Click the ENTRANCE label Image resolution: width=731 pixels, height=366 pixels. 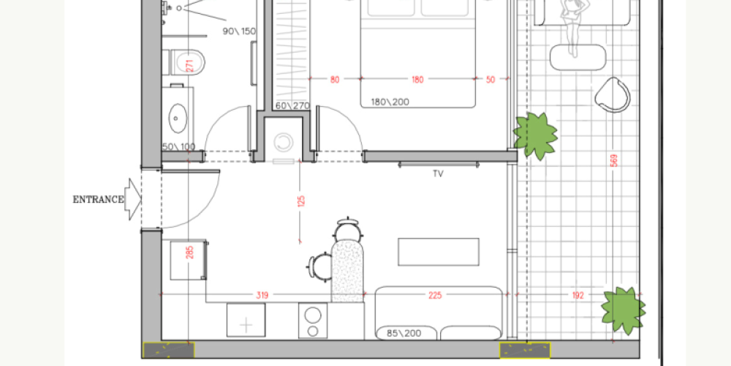pyautogui.click(x=99, y=200)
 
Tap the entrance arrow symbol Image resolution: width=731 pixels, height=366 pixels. pyautogui.click(x=133, y=199)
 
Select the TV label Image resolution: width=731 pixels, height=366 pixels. pyautogui.click(x=438, y=174)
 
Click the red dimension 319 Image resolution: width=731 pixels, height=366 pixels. pyautogui.click(x=262, y=295)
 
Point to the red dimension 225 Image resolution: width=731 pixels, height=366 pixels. pyautogui.click(x=436, y=295)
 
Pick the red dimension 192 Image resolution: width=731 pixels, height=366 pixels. pyautogui.click(x=577, y=295)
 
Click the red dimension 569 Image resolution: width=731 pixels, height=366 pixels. pyautogui.click(x=614, y=160)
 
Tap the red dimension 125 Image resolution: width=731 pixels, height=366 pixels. pyautogui.click(x=300, y=201)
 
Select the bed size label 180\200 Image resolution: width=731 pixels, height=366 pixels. pyautogui.click(x=390, y=102)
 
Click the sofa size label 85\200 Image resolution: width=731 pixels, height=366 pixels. pyautogui.click(x=404, y=333)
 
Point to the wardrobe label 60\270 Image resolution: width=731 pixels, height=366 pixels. pyautogui.click(x=292, y=106)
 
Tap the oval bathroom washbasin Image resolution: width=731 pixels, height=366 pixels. pyautogui.click(x=178, y=118)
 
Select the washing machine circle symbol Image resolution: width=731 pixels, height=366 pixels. pyautogui.click(x=284, y=143)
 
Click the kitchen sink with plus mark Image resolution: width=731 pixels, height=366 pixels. pyautogui.click(x=246, y=320)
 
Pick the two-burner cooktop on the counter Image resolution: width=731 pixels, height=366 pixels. pyautogui.click(x=313, y=320)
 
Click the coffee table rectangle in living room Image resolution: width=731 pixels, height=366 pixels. pyautogui.click(x=438, y=252)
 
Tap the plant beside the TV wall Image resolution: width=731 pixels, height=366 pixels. pyautogui.click(x=535, y=135)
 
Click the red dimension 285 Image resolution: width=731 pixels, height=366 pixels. pyautogui.click(x=189, y=252)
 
